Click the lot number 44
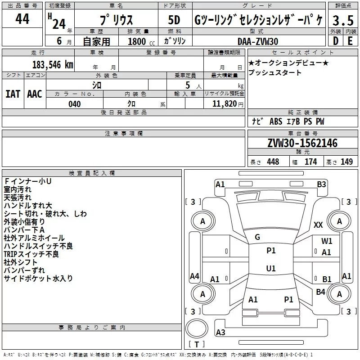click(x=22, y=19)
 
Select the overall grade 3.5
click(x=342, y=20)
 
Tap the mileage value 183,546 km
click(x=53, y=64)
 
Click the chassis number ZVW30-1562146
click(x=302, y=143)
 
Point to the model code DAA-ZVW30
click(x=258, y=41)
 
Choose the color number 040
click(x=75, y=104)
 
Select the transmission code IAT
click(x=13, y=94)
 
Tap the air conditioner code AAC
click(x=34, y=94)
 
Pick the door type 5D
click(x=174, y=20)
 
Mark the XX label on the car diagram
click(x=318, y=225)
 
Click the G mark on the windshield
click(x=257, y=237)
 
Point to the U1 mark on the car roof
click(x=271, y=269)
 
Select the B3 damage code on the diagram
click(x=321, y=184)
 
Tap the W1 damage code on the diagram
click(x=327, y=241)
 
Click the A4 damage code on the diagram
click(x=194, y=276)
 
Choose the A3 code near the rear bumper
click(x=220, y=333)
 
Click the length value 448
click(x=273, y=162)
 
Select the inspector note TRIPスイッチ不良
click(x=31, y=254)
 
